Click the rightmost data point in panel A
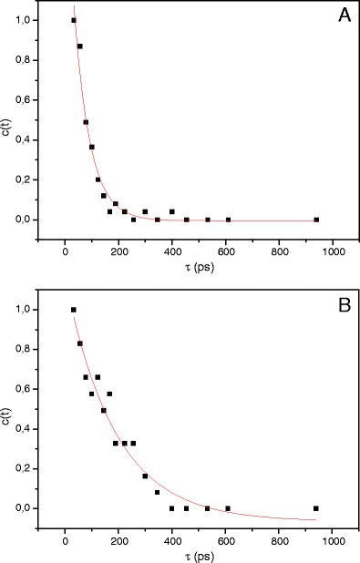tap(316, 220)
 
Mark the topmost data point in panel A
tap(74, 20)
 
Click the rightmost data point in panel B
tap(316, 508)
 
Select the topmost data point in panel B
tap(74, 310)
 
